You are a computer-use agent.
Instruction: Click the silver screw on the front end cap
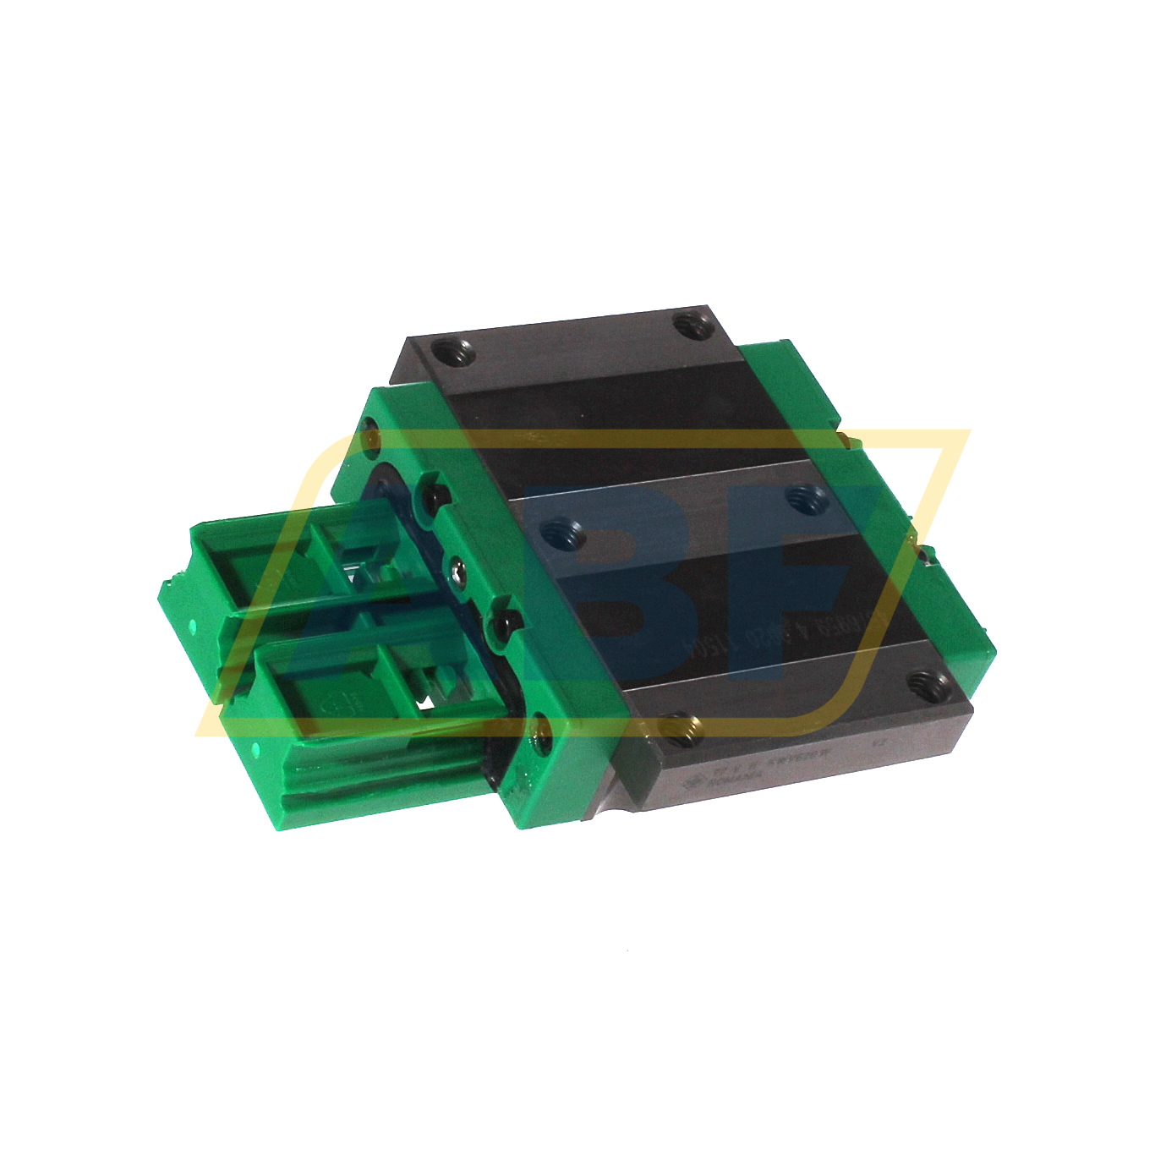point(457,574)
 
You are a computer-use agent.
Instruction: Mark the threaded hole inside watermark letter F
point(801,498)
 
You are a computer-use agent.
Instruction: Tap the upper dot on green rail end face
point(193,627)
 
